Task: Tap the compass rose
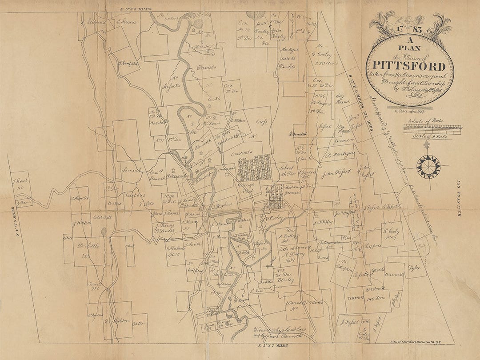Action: tap(428, 167)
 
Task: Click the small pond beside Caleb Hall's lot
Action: tap(104, 232)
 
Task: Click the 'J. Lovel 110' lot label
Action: tap(20, 184)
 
